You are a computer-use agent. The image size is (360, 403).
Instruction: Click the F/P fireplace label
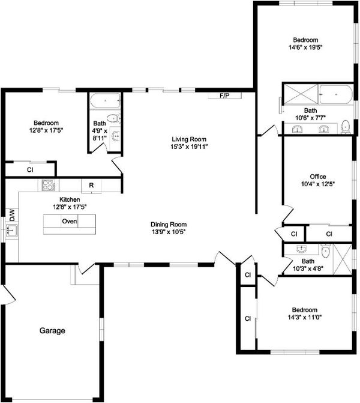click(224, 96)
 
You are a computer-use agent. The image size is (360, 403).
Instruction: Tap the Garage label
click(52, 330)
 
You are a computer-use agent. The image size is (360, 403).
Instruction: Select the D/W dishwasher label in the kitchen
click(12, 215)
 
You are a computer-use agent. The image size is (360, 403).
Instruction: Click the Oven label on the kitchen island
click(70, 221)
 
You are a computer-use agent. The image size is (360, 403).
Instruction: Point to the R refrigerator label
click(91, 186)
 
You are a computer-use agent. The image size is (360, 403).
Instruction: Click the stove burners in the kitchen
click(48, 185)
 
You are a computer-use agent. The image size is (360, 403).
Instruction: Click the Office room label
click(318, 177)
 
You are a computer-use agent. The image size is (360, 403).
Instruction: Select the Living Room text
click(189, 139)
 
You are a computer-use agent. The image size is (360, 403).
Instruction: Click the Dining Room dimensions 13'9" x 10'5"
click(169, 232)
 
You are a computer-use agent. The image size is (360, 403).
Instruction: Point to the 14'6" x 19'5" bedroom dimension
click(305, 47)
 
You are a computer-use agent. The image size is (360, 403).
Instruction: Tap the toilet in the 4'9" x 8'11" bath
click(113, 118)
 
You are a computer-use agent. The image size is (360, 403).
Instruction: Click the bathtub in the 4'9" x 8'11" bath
click(105, 101)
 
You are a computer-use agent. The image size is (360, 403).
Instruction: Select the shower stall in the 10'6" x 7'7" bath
click(301, 94)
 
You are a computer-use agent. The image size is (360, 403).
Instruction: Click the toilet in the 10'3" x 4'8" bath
click(325, 250)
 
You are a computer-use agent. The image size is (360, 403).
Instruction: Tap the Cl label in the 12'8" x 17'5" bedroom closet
click(30, 170)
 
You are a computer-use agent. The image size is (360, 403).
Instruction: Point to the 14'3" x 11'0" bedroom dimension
click(305, 317)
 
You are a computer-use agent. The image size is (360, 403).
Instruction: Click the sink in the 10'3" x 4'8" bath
click(301, 249)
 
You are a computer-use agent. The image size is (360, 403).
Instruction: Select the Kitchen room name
click(70, 199)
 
